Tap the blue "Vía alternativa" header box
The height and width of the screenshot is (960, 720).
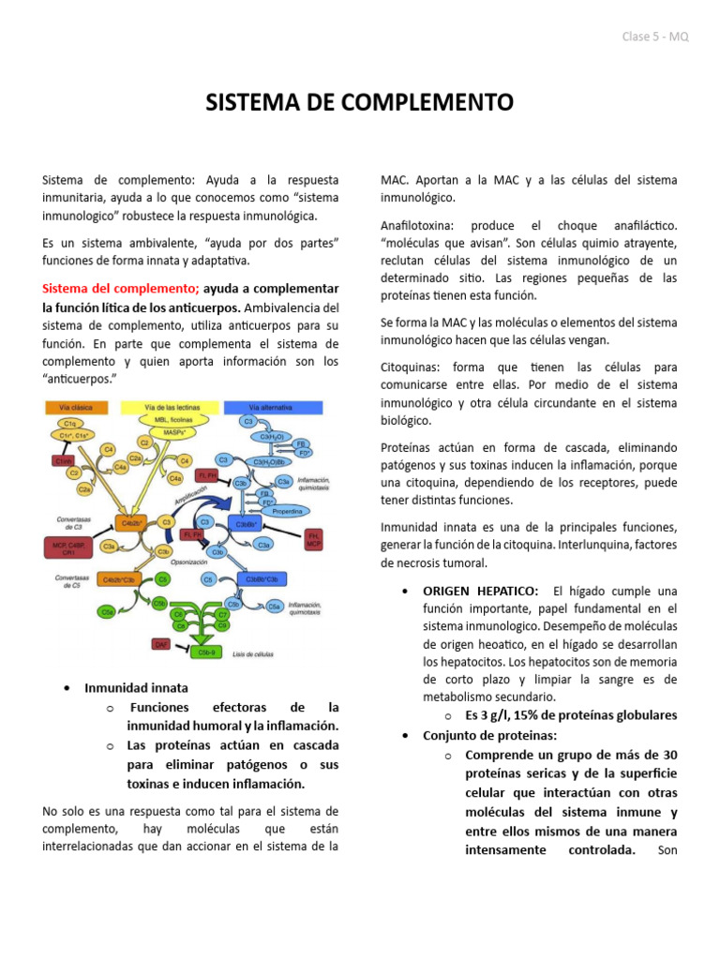[271, 407]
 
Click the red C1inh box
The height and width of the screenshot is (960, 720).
[63, 461]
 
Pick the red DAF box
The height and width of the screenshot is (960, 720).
[160, 644]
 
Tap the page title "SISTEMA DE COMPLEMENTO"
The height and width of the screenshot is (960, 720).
[360, 101]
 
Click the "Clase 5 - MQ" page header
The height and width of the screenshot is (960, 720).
[654, 37]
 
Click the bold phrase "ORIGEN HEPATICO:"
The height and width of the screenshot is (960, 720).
[480, 591]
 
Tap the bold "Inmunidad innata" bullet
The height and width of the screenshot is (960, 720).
[136, 687]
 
